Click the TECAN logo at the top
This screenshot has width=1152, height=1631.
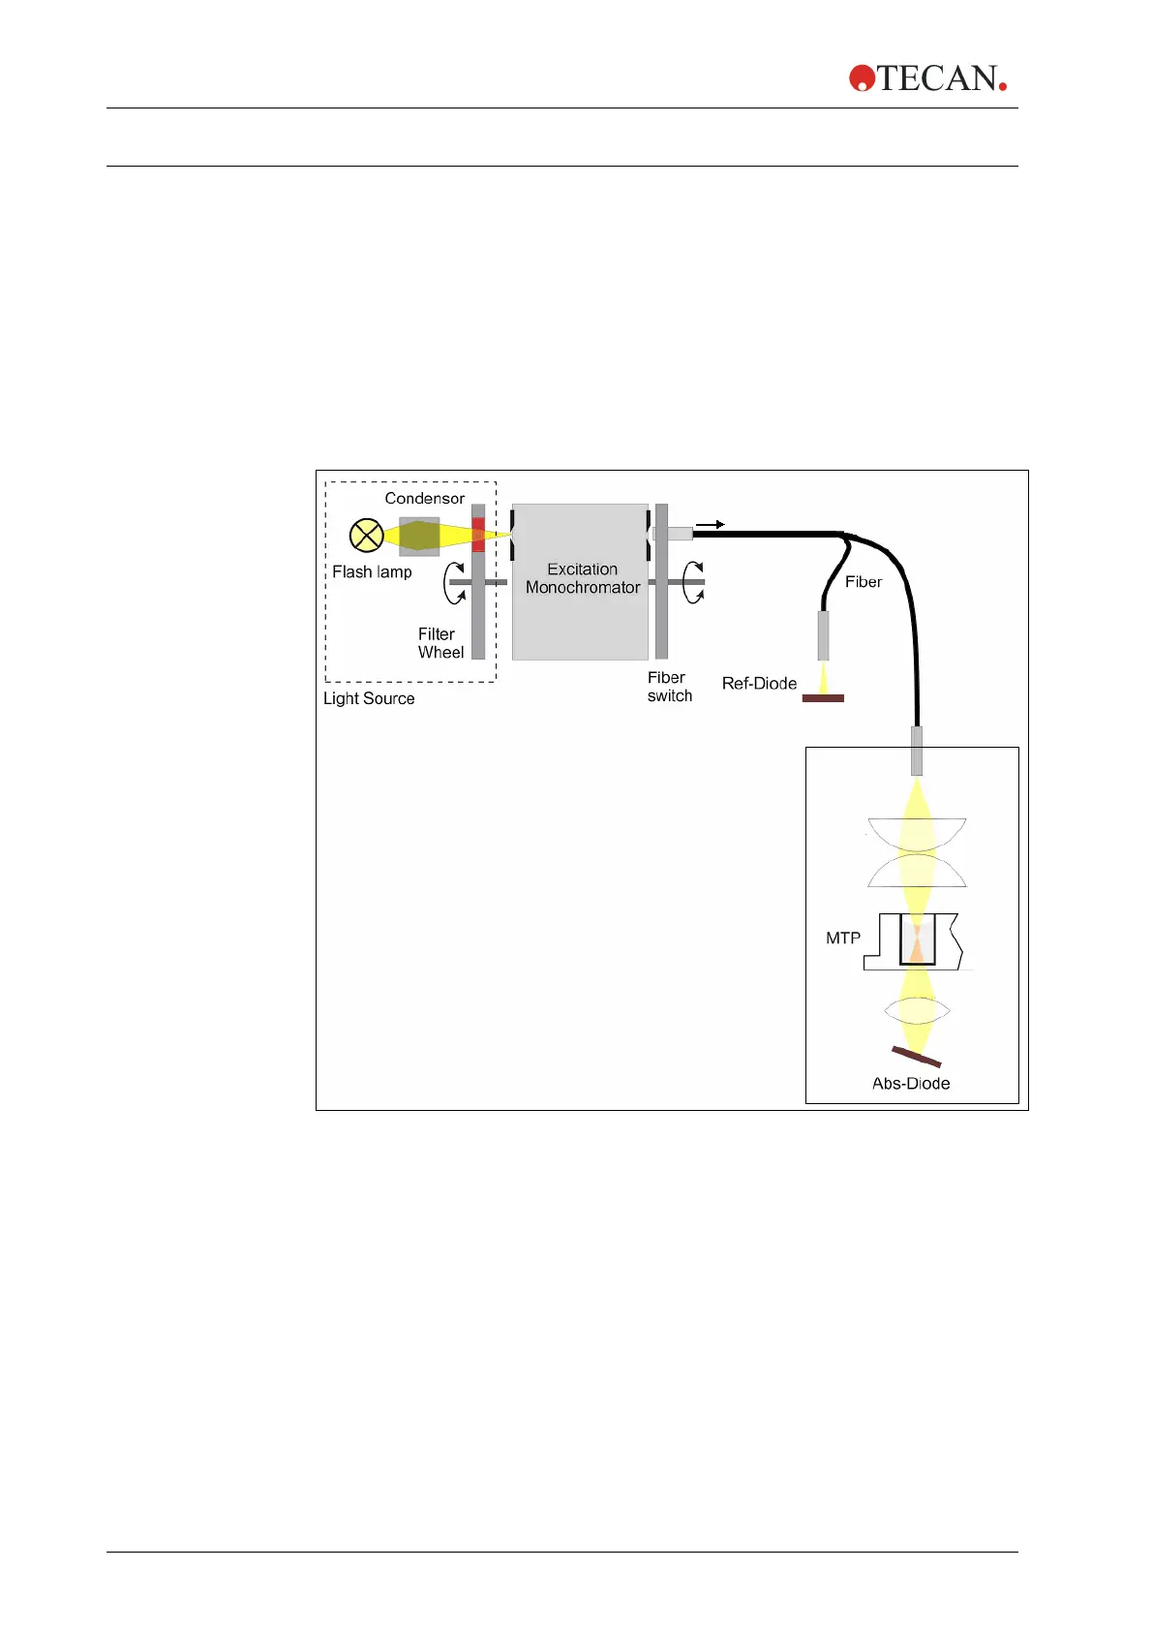pyautogui.click(x=927, y=78)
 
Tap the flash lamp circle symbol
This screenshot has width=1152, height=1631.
pyautogui.click(x=366, y=536)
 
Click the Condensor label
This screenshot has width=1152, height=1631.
pyautogui.click(x=424, y=499)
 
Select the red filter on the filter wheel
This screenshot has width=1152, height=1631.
pyautogui.click(x=478, y=536)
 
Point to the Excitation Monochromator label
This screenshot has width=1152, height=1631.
pyautogui.click(x=583, y=578)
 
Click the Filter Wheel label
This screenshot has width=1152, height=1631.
pyautogui.click(x=440, y=643)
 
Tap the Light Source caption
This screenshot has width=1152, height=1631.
pyautogui.click(x=369, y=698)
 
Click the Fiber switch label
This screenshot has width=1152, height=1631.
pyautogui.click(x=669, y=687)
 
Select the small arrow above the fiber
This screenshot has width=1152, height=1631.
pyautogui.click(x=711, y=524)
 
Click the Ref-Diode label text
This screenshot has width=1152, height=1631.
pyautogui.click(x=759, y=684)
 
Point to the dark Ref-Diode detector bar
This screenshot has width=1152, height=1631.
pyautogui.click(x=823, y=697)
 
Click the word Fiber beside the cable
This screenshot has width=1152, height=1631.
pyautogui.click(x=864, y=582)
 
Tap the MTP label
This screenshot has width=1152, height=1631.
pyautogui.click(x=842, y=938)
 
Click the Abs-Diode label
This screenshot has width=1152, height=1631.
pyautogui.click(x=911, y=1084)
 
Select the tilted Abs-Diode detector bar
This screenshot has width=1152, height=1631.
pyautogui.click(x=916, y=1057)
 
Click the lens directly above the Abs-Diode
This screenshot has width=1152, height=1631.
pyautogui.click(x=917, y=1010)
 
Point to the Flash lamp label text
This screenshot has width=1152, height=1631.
pyautogui.click(x=372, y=572)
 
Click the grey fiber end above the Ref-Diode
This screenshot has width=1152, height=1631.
pyautogui.click(x=824, y=635)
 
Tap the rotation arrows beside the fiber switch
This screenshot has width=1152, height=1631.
pyautogui.click(x=694, y=582)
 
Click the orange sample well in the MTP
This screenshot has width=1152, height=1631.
pyautogui.click(x=916, y=941)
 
